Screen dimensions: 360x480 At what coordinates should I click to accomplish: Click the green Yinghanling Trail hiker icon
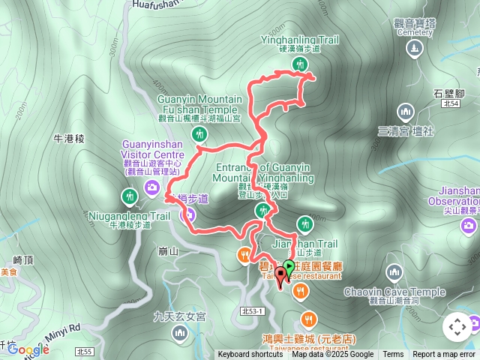tap(300, 65)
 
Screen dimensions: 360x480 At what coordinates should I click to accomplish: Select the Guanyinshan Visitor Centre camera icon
tap(153, 187)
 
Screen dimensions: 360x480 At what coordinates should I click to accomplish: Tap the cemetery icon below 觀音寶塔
tap(414, 49)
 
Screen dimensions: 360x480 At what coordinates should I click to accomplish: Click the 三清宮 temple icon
tap(406, 113)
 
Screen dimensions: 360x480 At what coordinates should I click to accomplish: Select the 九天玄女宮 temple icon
tap(178, 332)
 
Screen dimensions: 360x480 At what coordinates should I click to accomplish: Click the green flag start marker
tap(289, 267)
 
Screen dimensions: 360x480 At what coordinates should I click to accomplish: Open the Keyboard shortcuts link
tap(250, 355)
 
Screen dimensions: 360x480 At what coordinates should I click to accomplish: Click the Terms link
tap(393, 355)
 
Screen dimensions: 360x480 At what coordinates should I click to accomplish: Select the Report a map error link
tap(444, 355)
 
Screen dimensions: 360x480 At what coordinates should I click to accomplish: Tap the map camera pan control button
tap(457, 327)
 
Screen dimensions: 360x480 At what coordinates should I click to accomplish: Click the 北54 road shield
tap(450, 104)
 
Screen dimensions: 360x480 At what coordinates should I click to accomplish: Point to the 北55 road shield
tap(85, 350)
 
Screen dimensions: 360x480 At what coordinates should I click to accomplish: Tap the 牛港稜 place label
tap(69, 139)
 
